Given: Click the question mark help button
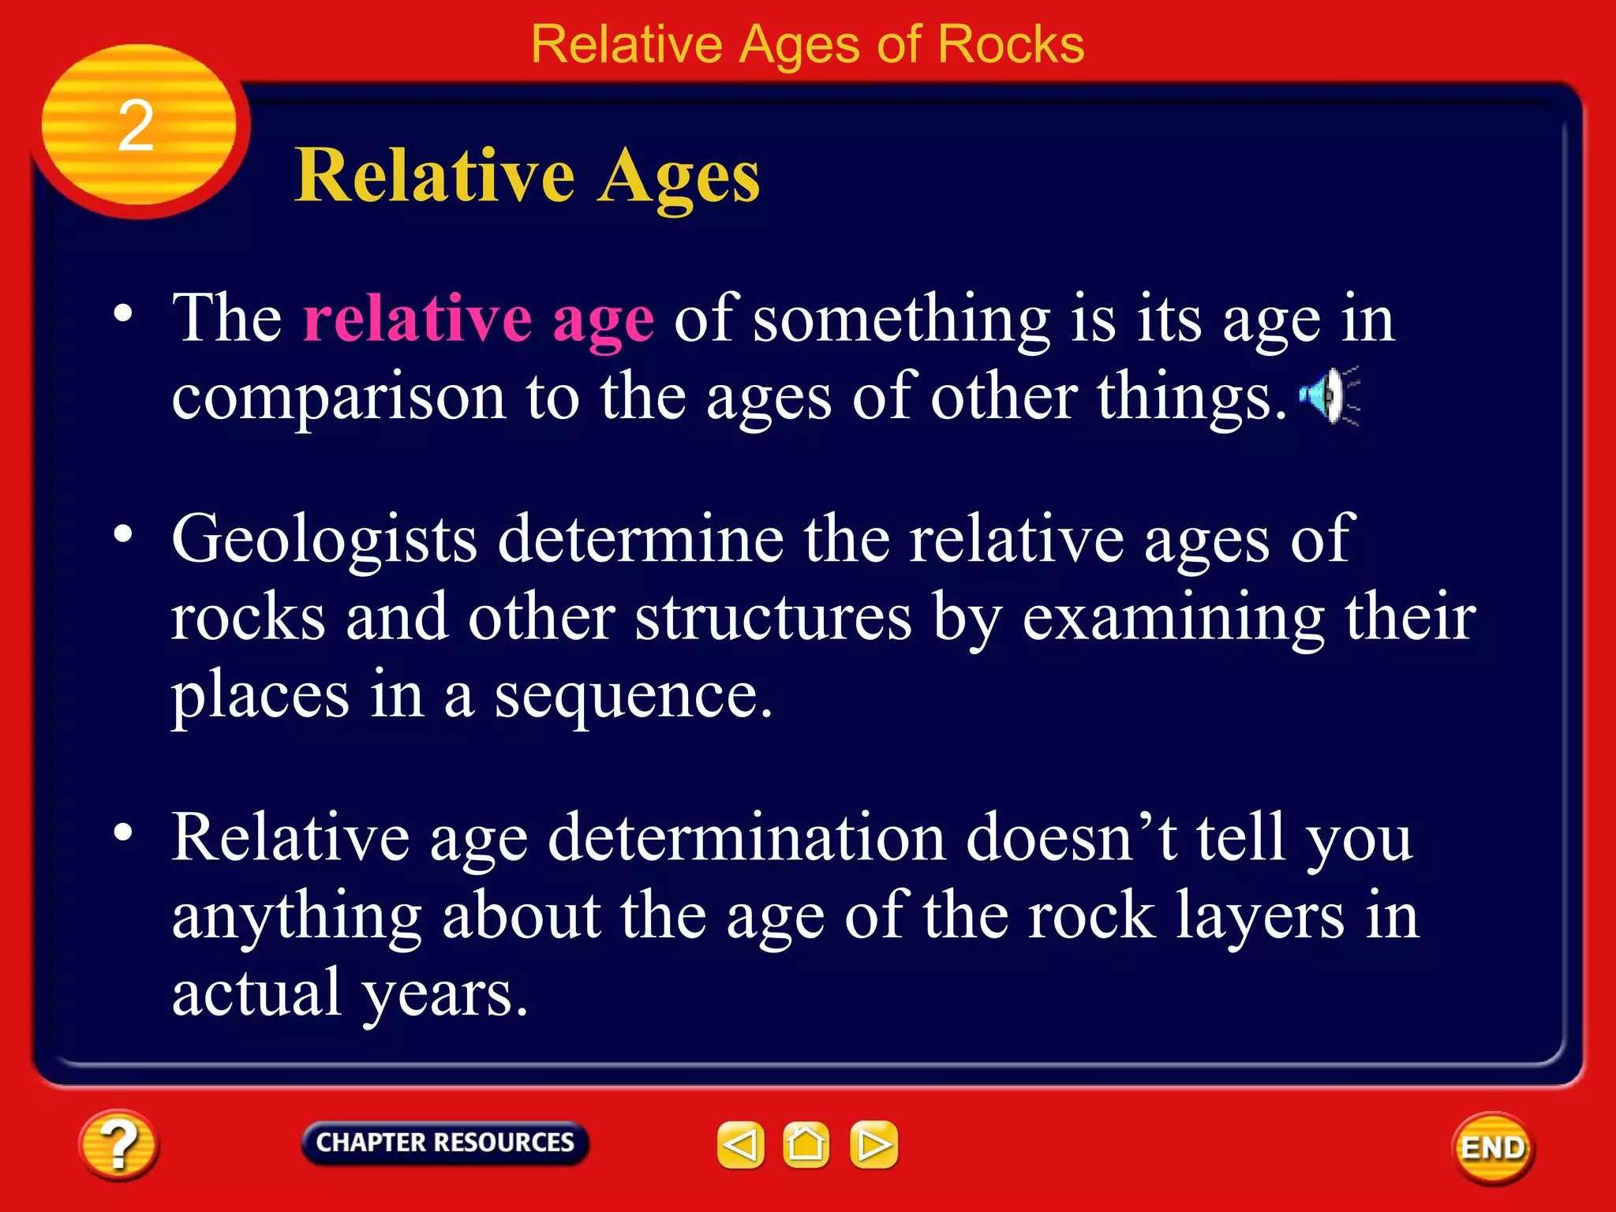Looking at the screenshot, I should [x=118, y=1145].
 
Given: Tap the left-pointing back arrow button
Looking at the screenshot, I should [x=740, y=1144].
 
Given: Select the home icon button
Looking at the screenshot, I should [x=806, y=1144].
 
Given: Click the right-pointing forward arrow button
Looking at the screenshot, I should [x=873, y=1144].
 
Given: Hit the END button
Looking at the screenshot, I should [x=1493, y=1147].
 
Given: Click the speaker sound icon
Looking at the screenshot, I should [x=1329, y=395].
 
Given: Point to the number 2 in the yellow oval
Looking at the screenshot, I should [x=136, y=126].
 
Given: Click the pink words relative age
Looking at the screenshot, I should [x=478, y=319].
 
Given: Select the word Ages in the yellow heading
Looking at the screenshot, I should [x=678, y=177].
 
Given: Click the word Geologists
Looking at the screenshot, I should [x=324, y=540].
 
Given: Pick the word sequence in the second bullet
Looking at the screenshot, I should [x=632, y=696].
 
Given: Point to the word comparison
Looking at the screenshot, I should [x=339, y=398].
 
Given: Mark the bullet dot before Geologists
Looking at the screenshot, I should [x=123, y=534].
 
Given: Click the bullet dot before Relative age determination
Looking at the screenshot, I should [x=123, y=832].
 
